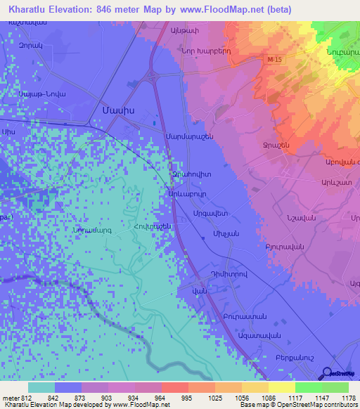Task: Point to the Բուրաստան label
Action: tap(242, 317)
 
